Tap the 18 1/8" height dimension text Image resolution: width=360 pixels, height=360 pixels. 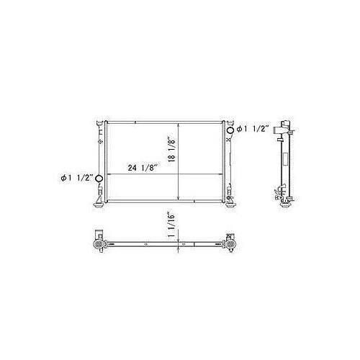point(173,152)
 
